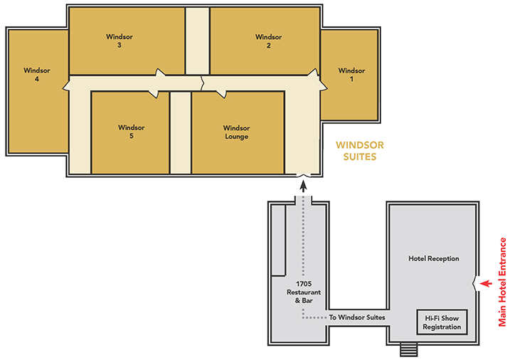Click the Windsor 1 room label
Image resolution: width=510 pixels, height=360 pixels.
tap(351, 75)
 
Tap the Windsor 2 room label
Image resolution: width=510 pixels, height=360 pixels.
tap(268, 41)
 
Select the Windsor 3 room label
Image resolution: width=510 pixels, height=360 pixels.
tap(119, 41)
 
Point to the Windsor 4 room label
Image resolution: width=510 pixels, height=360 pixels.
tap(37, 74)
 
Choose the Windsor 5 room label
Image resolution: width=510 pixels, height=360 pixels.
tap(132, 132)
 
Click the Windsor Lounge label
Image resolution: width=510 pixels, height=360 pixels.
tap(236, 132)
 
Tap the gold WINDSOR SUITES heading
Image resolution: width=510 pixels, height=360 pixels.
tap(360, 151)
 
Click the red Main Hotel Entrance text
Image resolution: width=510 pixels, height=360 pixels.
tap(502, 282)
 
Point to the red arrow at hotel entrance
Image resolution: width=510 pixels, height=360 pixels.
tap(487, 284)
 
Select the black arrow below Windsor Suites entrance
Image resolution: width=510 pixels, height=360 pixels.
tap(304, 186)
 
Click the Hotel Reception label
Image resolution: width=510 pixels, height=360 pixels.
tap(434, 258)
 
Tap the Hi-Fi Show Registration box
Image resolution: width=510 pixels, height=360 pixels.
tap(442, 322)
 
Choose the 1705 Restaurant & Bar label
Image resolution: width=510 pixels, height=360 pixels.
tap(304, 292)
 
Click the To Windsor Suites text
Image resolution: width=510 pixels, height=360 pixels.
tap(357, 317)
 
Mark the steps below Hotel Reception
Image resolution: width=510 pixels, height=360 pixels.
tap(408, 349)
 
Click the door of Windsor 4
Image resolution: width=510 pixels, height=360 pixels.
tap(66, 85)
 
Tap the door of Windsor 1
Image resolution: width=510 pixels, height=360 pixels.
tap(324, 85)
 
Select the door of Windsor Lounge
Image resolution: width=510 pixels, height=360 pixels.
tap(221, 94)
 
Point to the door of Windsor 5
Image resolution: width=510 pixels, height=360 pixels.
tap(154, 94)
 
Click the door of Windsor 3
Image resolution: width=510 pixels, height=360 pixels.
tap(160, 72)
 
